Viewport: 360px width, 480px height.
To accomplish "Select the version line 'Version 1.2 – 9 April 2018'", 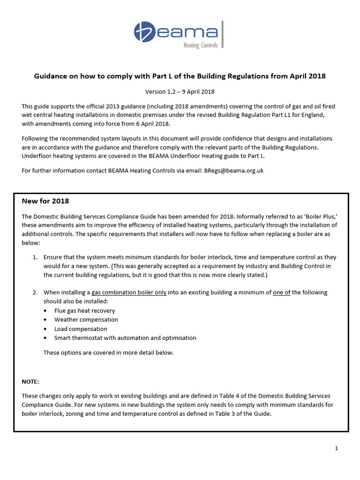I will coord(180,91).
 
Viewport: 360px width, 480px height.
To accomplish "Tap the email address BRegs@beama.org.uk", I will coord(233,170).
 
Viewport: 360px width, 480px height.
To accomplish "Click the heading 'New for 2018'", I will coord(45,201).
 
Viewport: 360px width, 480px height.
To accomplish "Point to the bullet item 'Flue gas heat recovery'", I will coord(84,310).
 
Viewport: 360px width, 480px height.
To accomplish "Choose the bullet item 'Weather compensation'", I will coord(86,320).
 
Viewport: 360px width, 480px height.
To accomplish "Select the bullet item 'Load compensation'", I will coord(81,329).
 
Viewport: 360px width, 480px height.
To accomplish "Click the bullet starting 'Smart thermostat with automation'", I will coord(125,338).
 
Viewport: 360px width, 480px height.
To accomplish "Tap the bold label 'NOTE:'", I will coord(30,382).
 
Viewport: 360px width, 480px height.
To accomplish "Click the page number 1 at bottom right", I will coord(336,448).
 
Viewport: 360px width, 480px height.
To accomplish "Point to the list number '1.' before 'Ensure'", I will coord(35,257).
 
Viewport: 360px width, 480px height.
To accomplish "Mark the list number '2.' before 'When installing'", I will coord(35,292).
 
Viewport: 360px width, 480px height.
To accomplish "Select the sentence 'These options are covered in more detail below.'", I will coord(108,352).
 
